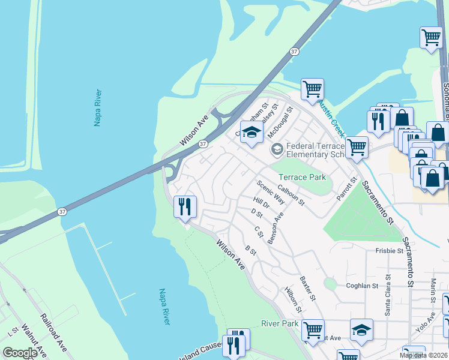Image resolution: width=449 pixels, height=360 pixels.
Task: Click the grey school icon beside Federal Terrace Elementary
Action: pos(277,149)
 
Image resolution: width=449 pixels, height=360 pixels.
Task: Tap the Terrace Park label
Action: pos(303,177)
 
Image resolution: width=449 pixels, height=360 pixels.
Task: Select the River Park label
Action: pos(280,324)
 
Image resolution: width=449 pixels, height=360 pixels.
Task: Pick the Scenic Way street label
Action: pos(271,193)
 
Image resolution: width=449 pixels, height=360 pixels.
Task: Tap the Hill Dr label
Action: pos(262,204)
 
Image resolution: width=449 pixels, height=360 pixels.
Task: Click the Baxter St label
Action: pos(308,288)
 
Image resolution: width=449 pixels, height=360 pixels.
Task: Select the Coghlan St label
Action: pos(362,286)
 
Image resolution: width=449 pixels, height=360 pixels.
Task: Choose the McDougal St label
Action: pos(280,122)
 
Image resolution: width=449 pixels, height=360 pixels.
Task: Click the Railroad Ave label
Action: pos(53,332)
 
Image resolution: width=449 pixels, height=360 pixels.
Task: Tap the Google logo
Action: pos(20,353)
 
